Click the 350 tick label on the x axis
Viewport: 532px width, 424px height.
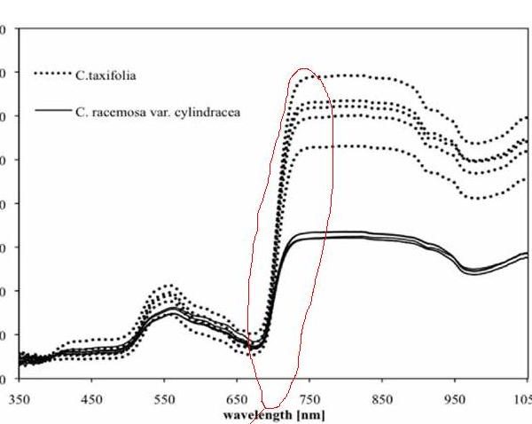pyautogui.click(x=19, y=400)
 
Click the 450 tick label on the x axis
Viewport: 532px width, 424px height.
pyautogui.click(x=92, y=400)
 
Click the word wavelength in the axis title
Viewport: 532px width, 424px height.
pyautogui.click(x=254, y=413)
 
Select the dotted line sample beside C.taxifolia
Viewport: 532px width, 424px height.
pyautogui.click(x=52, y=74)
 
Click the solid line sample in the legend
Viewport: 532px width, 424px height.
pyautogui.click(x=52, y=111)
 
